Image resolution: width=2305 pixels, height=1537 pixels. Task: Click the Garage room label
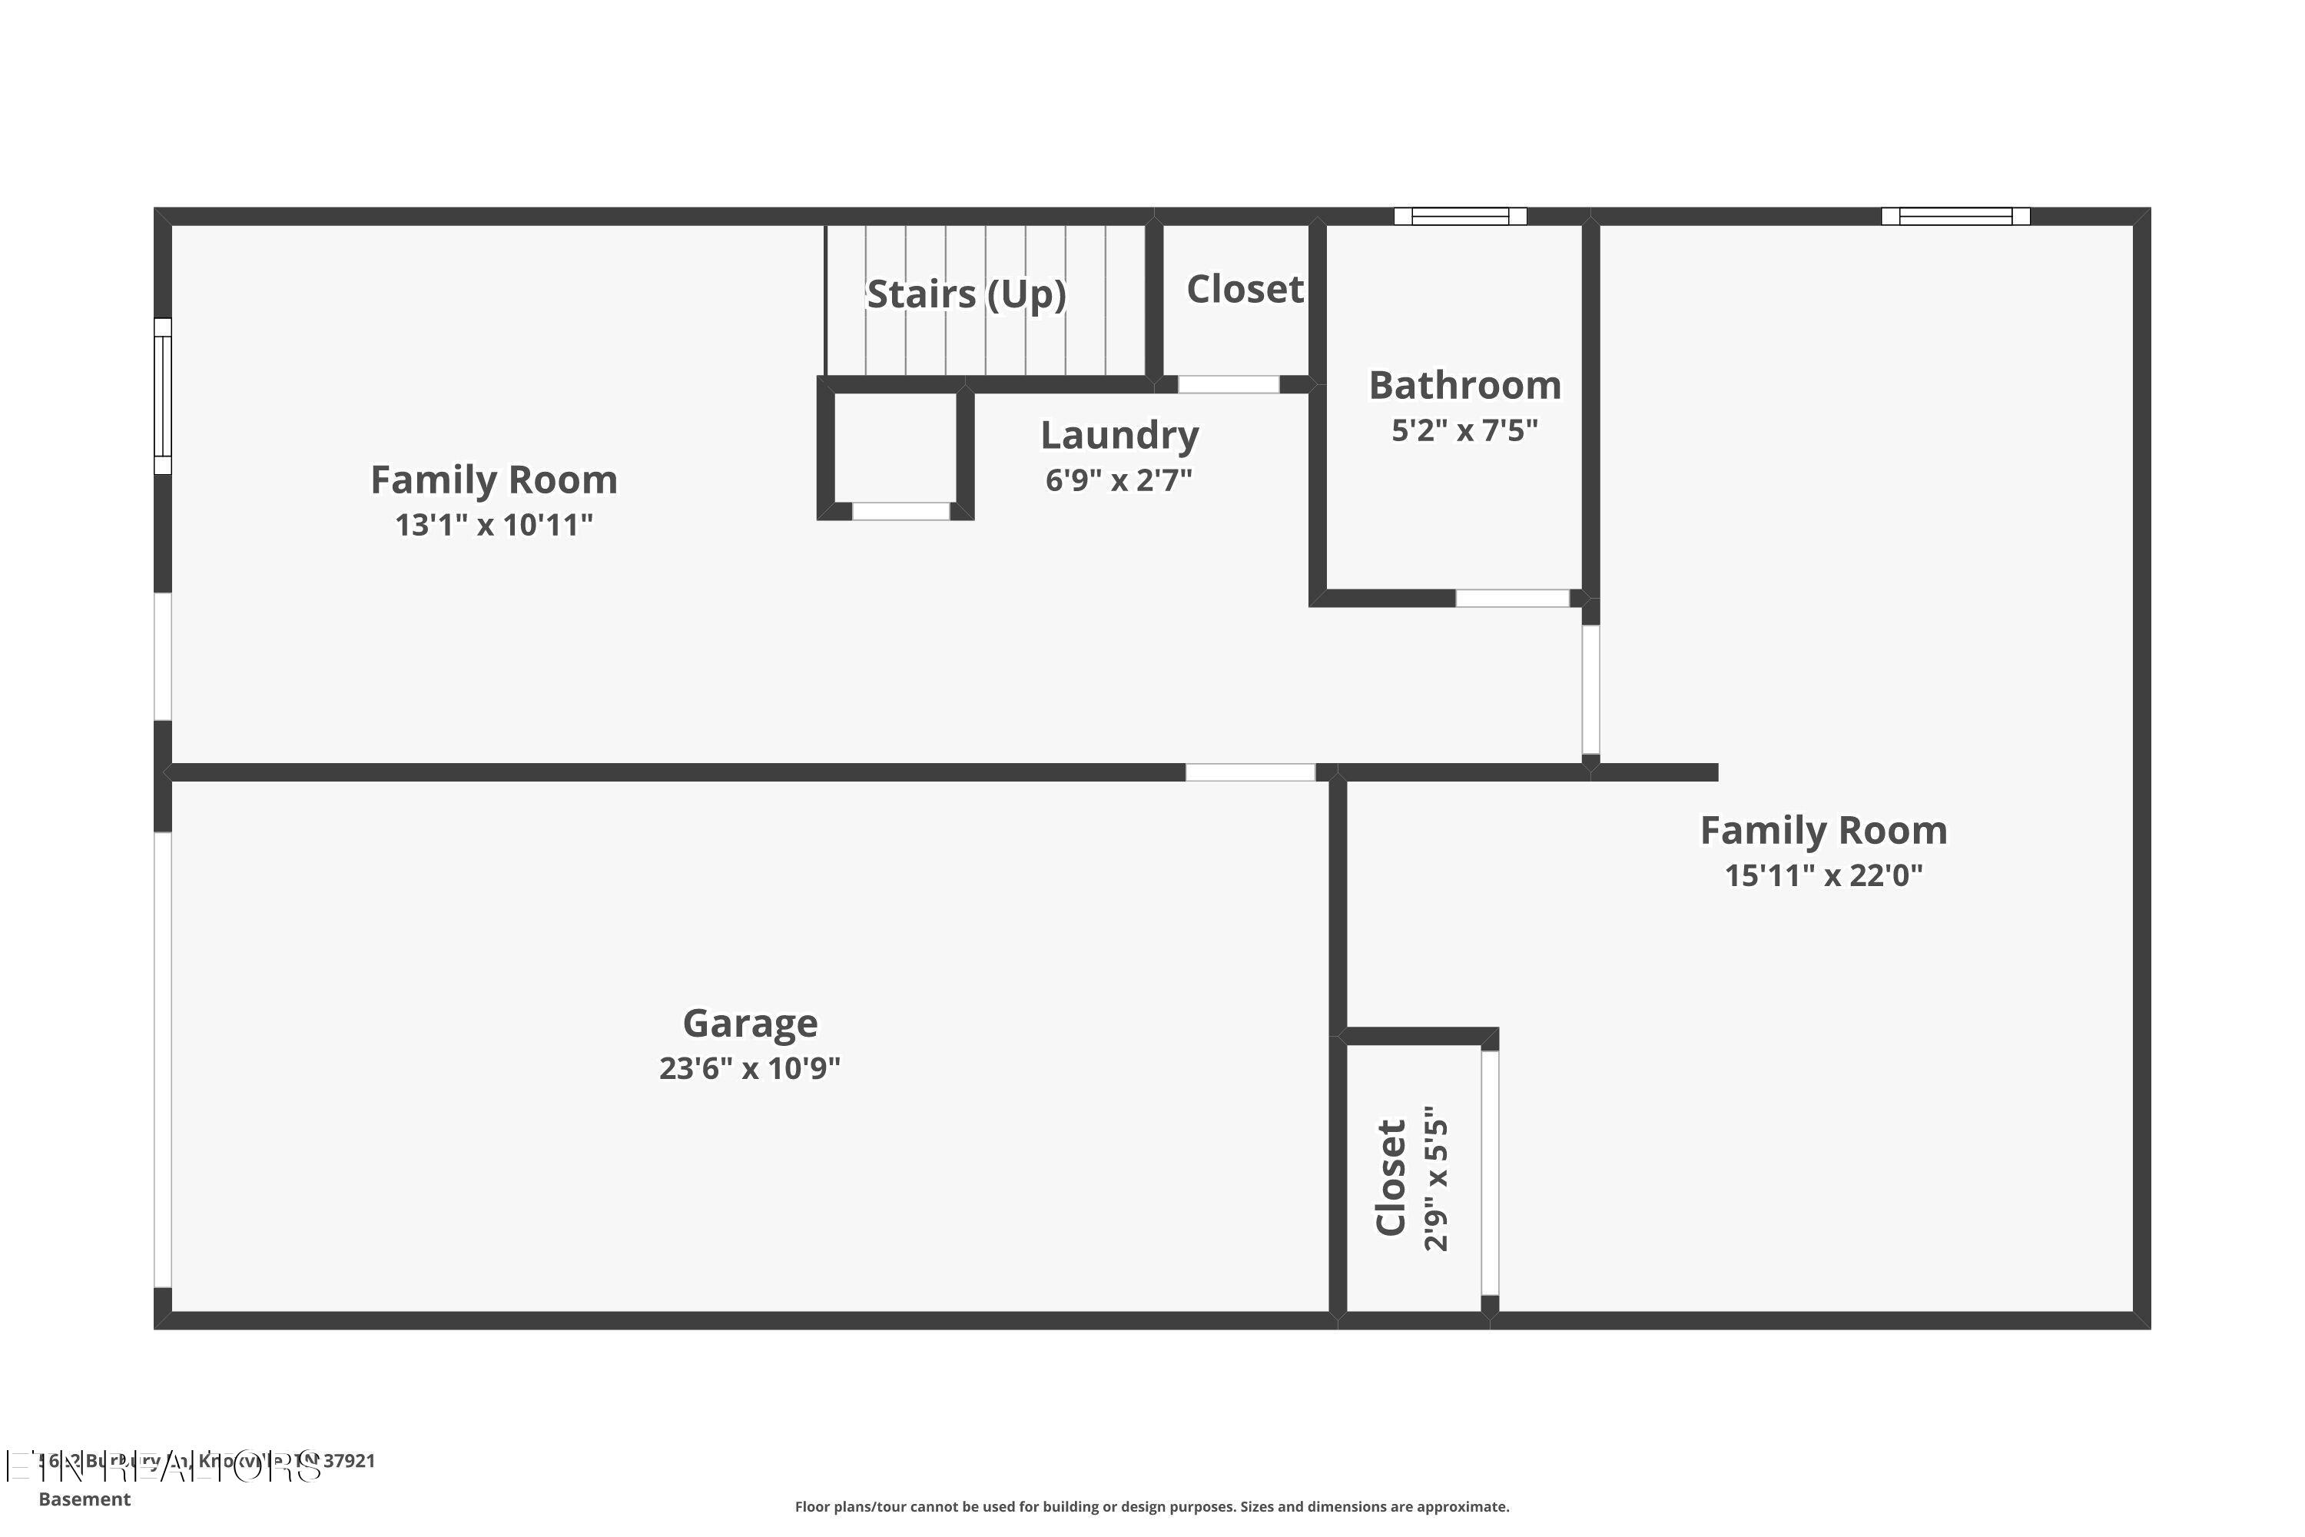(x=750, y=1024)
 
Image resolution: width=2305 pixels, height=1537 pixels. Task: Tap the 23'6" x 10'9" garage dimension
(x=750, y=1068)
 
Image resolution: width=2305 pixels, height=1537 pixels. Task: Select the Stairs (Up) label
(x=967, y=294)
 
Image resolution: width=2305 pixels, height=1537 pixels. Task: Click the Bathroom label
(x=1464, y=385)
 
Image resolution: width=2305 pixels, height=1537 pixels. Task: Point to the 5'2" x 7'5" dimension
(x=1464, y=430)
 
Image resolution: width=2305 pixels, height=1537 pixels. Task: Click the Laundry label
(x=1119, y=435)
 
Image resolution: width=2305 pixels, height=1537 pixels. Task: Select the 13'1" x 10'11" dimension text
(x=494, y=526)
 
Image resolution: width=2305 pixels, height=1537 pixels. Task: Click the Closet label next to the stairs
(x=1245, y=289)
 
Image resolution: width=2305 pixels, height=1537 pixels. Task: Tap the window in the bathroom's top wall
(x=1461, y=217)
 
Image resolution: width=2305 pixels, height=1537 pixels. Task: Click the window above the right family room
(x=1955, y=217)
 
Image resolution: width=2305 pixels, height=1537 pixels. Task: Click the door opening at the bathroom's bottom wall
(x=1512, y=598)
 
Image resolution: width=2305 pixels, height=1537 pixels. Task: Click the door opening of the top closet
(x=1228, y=384)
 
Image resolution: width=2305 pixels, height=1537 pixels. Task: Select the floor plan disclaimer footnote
(x=1152, y=1506)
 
